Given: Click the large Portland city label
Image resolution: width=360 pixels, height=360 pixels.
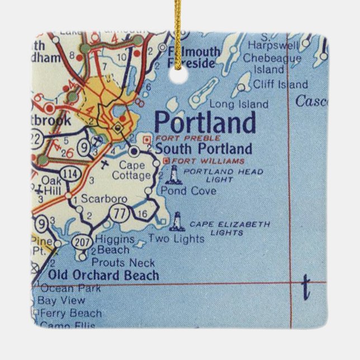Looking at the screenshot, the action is pyautogui.click(x=205, y=122).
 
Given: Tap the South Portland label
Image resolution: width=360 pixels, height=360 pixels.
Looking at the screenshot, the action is pyautogui.click(x=203, y=149).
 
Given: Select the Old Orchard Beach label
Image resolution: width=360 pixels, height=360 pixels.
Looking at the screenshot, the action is pyautogui.click(x=103, y=275).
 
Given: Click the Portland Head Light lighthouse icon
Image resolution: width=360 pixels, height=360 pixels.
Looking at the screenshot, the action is pyautogui.click(x=174, y=175).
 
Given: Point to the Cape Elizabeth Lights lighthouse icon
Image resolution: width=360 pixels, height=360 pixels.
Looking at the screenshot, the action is pyautogui.click(x=178, y=221).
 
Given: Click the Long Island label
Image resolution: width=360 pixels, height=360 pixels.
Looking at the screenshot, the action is pyautogui.click(x=239, y=105).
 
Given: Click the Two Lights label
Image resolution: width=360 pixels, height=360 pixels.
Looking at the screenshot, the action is pyautogui.click(x=176, y=239).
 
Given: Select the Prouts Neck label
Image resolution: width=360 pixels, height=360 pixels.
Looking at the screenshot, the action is pyautogui.click(x=123, y=262).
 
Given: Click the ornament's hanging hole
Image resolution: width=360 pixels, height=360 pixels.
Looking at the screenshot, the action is pyautogui.click(x=180, y=78).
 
